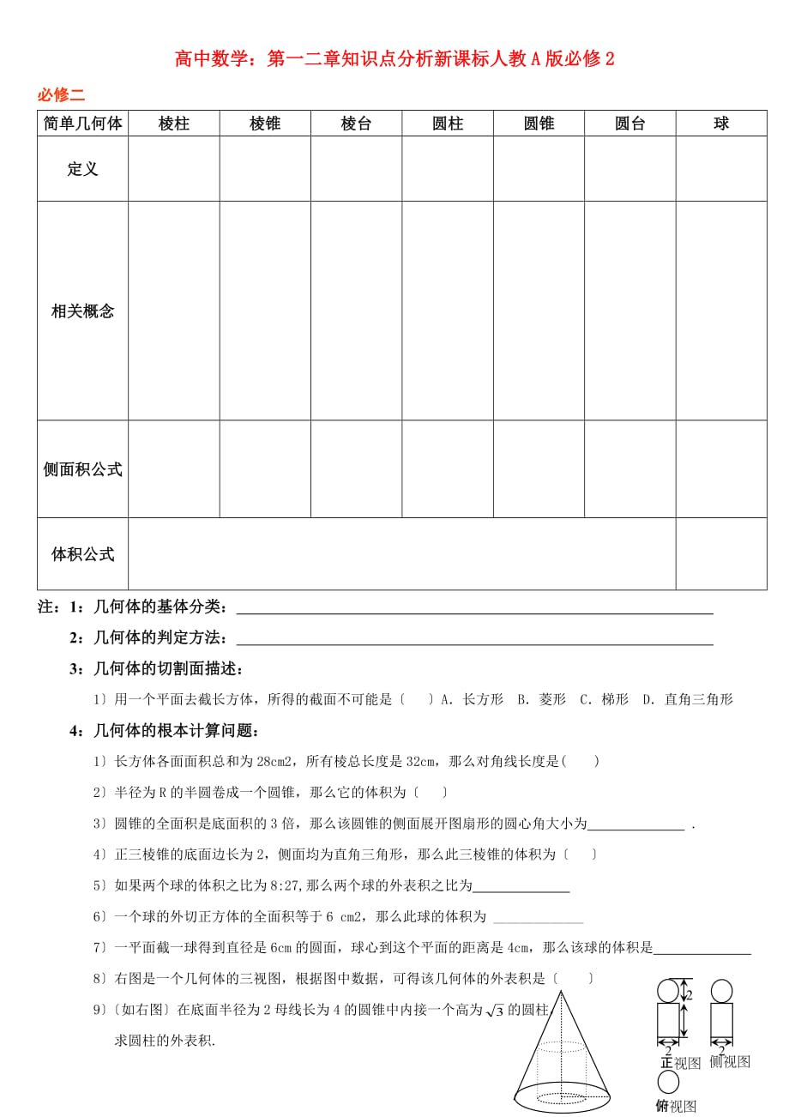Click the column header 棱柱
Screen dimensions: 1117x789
pos(174,124)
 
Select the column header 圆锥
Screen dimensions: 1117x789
pos(539,124)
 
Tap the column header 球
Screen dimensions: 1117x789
pos(721,124)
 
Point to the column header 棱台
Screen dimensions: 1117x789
pos(356,124)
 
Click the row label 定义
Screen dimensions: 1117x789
pos(82,169)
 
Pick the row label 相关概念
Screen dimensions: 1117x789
pos(82,311)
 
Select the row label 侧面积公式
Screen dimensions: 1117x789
pos(82,469)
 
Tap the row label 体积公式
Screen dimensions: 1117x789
pos(82,554)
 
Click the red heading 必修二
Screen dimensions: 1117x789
pos(61,95)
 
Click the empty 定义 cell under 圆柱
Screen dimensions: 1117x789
pos(448,169)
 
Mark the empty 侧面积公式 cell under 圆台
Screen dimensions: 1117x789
pos(630,469)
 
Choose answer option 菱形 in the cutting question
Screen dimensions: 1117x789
pos(553,699)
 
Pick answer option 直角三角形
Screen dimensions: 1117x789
pos(698,699)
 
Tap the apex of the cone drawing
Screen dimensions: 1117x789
pos(562,992)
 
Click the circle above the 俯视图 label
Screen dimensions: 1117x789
pos(668,1082)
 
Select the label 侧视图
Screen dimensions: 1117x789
pos(730,1062)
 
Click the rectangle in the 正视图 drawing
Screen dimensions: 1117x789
pos(668,1021)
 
